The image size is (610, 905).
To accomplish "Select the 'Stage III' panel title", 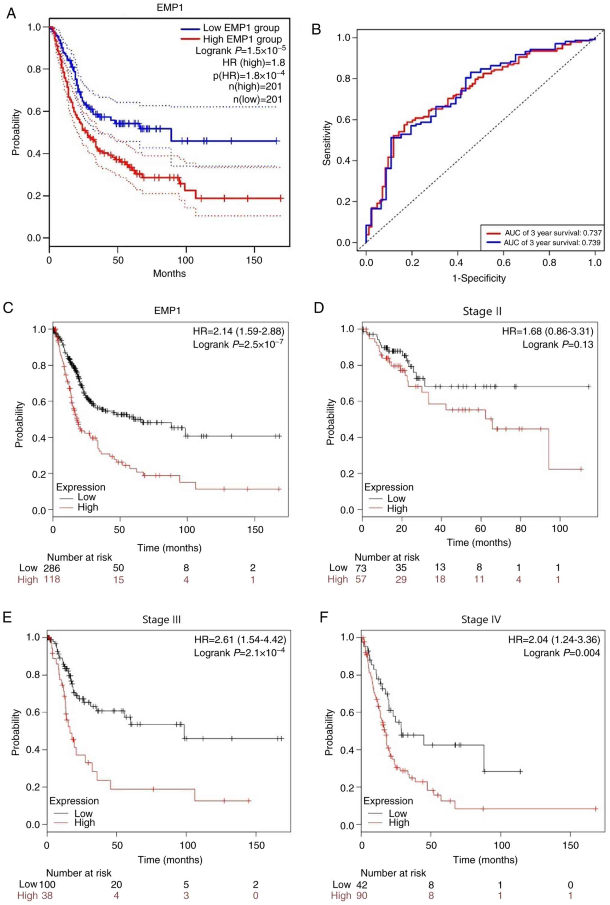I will click(x=162, y=619).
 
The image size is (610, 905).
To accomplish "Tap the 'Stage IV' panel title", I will click(x=481, y=619).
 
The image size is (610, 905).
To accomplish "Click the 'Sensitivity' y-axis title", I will click(x=327, y=143).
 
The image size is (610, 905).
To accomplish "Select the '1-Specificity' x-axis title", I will click(x=479, y=278).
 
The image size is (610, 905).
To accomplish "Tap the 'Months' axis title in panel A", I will click(x=169, y=274).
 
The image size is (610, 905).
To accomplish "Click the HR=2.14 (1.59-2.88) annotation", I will click(x=238, y=331).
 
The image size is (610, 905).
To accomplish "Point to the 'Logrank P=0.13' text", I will click(x=557, y=344).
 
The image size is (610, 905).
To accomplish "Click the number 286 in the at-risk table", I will click(x=52, y=568).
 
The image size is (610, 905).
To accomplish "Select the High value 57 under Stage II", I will click(x=361, y=579).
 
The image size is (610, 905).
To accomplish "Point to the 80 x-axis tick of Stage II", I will click(x=520, y=529).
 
